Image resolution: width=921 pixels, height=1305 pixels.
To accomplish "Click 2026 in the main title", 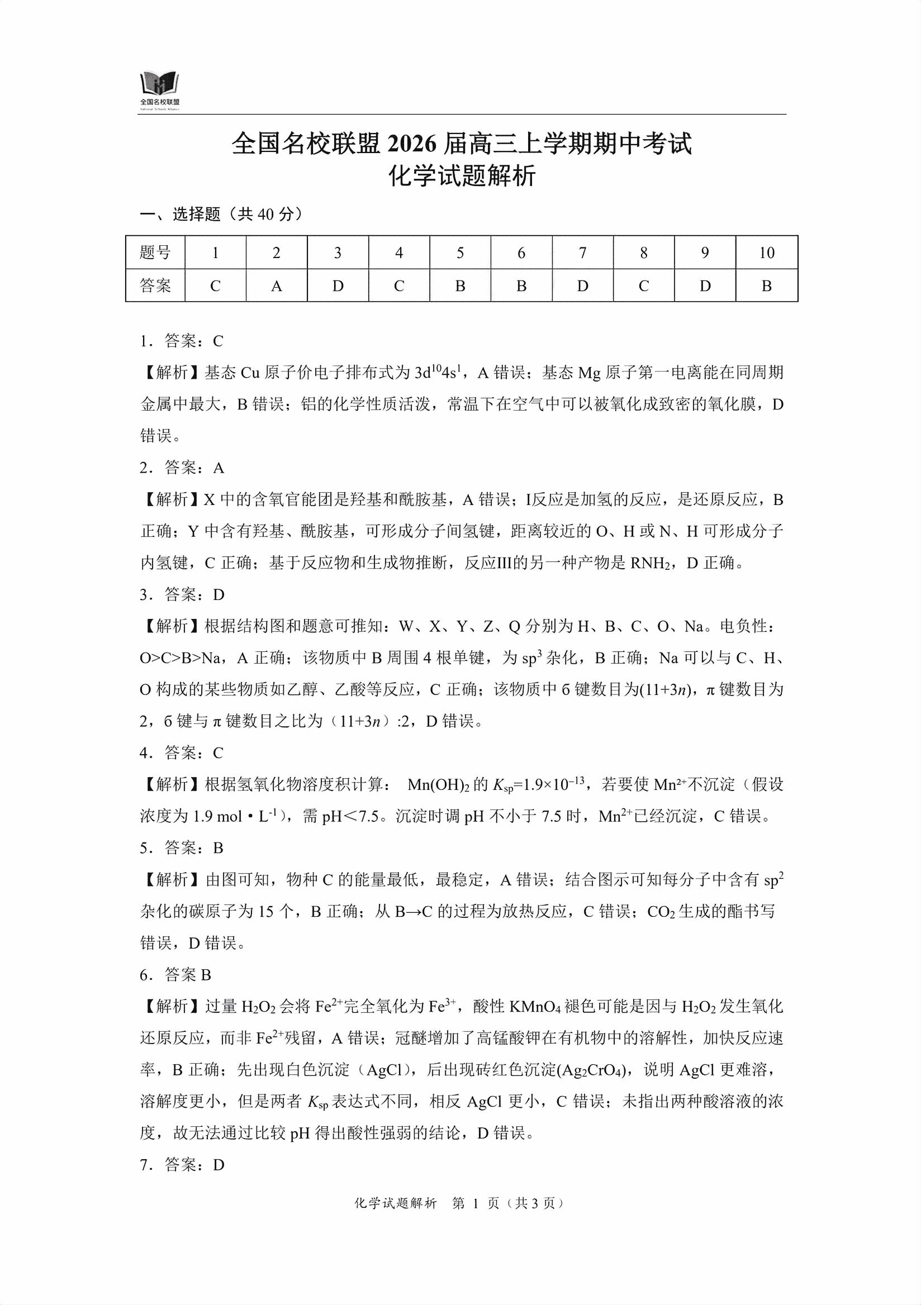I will pyautogui.click(x=412, y=144).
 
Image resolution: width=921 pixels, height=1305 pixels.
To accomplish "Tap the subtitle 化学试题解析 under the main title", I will pyautogui.click(x=462, y=176).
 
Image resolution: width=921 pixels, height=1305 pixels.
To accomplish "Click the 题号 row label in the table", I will pyautogui.click(x=155, y=253).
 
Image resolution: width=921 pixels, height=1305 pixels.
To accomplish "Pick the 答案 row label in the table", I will pyautogui.click(x=155, y=286).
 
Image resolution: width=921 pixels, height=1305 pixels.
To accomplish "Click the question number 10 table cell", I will pyautogui.click(x=766, y=253).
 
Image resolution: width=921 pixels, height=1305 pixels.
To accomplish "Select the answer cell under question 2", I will pyautogui.click(x=276, y=286).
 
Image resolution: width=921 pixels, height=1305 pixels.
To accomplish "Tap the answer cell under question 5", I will pyautogui.click(x=460, y=286).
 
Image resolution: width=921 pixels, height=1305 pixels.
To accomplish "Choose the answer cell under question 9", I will pyautogui.click(x=705, y=286).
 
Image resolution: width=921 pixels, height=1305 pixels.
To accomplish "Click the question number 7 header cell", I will pyautogui.click(x=582, y=253).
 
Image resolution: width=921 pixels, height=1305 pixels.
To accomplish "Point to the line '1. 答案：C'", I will pyautogui.click(x=182, y=341).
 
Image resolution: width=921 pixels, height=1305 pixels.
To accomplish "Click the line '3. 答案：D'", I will pyautogui.click(x=182, y=594).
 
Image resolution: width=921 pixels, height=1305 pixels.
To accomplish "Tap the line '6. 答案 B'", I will pyautogui.click(x=175, y=975).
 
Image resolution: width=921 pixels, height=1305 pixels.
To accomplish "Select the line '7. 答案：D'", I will pyautogui.click(x=182, y=1165).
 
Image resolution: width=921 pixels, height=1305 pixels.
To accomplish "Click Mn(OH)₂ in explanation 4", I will pyautogui.click(x=438, y=785).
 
